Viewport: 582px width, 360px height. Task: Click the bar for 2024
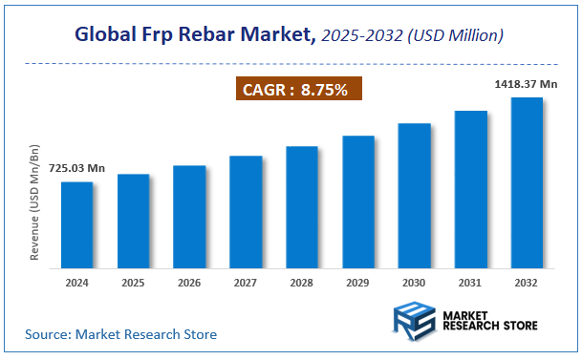[x=77, y=225]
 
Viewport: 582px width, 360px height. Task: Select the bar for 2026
[x=189, y=217]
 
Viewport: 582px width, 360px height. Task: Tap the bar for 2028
[x=302, y=207]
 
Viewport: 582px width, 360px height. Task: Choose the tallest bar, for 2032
[x=527, y=182]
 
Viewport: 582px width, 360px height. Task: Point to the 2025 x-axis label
[x=134, y=283]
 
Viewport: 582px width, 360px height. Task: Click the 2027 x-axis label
[x=246, y=283]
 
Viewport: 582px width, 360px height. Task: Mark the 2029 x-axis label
[x=358, y=283]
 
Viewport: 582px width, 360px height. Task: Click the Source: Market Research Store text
[x=121, y=334]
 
